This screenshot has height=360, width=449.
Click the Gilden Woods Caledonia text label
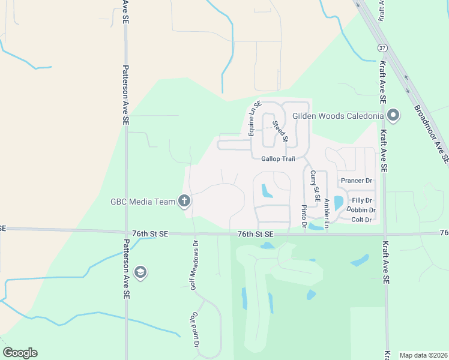(x=339, y=115)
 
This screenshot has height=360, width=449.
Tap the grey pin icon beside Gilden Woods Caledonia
(x=394, y=114)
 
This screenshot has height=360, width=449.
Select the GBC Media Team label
(x=142, y=202)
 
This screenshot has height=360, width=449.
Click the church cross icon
(x=184, y=201)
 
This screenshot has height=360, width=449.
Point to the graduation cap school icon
(x=140, y=272)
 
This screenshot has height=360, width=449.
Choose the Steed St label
(x=280, y=132)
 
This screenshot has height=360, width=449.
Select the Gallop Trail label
(x=279, y=159)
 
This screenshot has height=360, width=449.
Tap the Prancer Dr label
(x=356, y=181)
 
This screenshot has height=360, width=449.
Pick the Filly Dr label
(x=362, y=200)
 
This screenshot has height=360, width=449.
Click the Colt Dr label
(x=361, y=220)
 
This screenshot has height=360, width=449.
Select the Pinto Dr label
(x=304, y=217)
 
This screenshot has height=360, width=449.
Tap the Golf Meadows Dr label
(x=194, y=266)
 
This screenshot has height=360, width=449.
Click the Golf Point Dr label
(x=195, y=330)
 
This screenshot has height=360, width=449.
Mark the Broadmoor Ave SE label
(x=431, y=135)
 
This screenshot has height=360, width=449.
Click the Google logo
(x=20, y=353)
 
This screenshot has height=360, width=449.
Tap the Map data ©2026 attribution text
(x=423, y=355)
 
